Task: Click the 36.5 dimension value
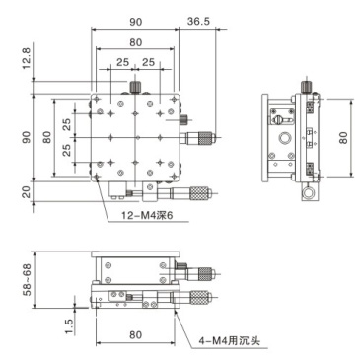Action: point(197,19)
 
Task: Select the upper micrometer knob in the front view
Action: point(205,271)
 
